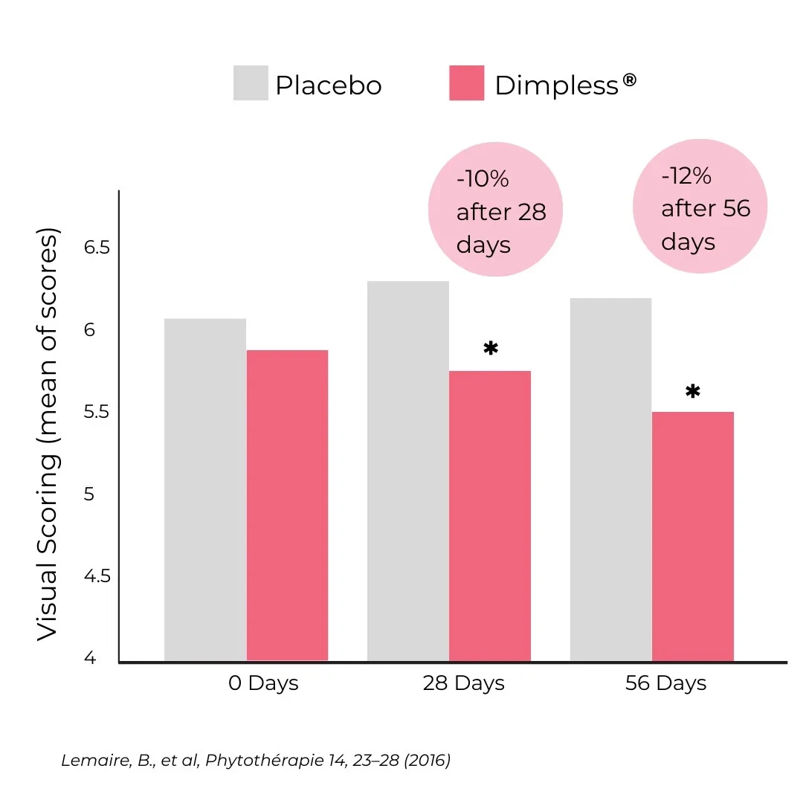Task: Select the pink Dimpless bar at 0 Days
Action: [287, 505]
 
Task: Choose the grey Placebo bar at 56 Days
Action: [610, 480]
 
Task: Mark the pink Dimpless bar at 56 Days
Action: [692, 536]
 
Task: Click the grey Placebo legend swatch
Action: [251, 83]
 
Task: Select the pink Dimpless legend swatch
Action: [466, 83]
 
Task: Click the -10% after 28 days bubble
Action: [495, 210]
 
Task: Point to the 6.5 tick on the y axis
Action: [97, 248]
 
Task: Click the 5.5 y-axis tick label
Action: [97, 412]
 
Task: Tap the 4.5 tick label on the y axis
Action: [97, 576]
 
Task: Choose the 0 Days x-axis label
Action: [263, 683]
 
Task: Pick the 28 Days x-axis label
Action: [463, 683]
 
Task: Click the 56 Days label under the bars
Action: [665, 683]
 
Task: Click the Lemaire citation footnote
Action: [255, 761]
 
